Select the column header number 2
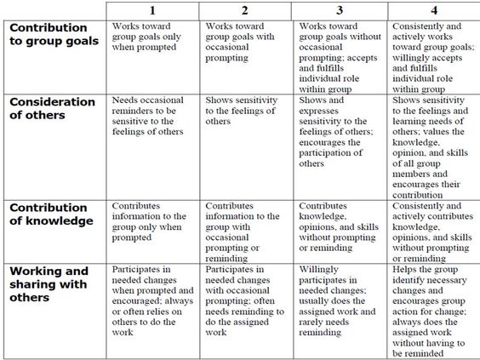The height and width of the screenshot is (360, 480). (x=247, y=10)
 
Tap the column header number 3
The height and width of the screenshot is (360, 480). (x=340, y=10)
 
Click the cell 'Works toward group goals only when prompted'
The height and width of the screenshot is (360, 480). (x=150, y=37)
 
